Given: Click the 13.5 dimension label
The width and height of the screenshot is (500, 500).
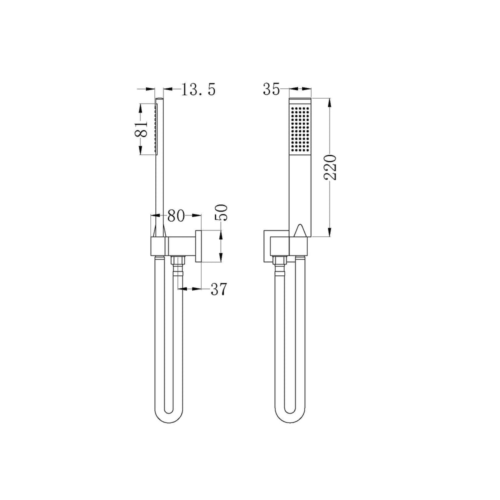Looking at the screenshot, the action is [x=198, y=89].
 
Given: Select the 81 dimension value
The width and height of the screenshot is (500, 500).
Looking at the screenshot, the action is [x=141, y=129].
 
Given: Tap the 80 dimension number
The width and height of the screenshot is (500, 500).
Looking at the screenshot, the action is [x=176, y=216].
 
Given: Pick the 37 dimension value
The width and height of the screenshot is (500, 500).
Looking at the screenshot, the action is [x=219, y=289].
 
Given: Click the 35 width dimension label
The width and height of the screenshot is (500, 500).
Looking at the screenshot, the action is [x=271, y=89].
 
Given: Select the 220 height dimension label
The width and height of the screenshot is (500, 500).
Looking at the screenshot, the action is [x=330, y=167].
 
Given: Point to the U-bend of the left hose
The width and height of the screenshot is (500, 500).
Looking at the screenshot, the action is [x=168, y=414].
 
